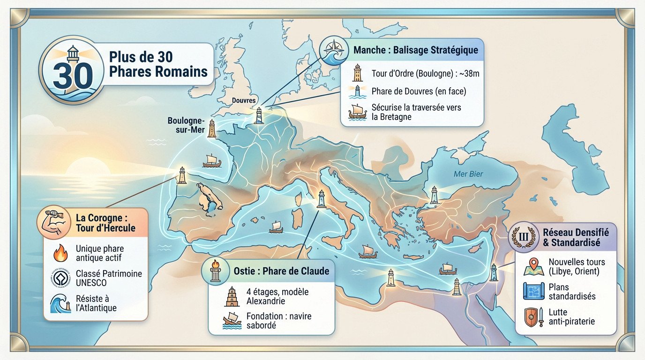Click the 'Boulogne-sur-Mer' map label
point(186,125)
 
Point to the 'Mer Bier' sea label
point(468,174)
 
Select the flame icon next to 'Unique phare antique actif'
point(61,253)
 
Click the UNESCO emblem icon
point(60,278)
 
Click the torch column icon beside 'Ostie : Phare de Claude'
point(216,271)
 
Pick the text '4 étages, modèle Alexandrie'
point(277,296)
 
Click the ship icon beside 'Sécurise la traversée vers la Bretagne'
point(357,112)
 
